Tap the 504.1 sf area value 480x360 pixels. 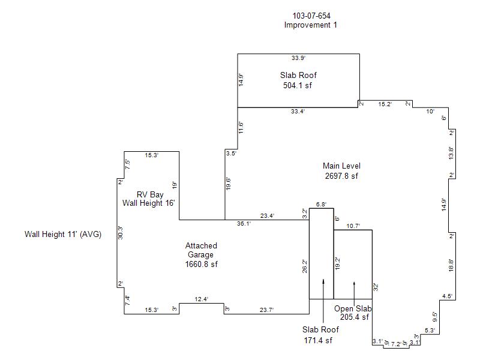coord(298,85)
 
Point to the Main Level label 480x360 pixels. coord(341,166)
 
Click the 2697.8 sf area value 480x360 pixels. coord(341,176)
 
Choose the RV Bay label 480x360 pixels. coord(149,194)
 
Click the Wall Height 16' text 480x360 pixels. coord(148,203)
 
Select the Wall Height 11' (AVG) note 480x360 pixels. coord(62,235)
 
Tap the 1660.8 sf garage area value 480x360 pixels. coord(202,264)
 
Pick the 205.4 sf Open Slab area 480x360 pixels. coord(354,317)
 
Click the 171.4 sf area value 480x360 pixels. coord(318,341)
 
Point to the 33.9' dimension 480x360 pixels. coord(298,58)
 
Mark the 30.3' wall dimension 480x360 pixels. coord(121,233)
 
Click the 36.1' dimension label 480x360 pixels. coord(244,223)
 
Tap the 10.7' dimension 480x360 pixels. coord(353,226)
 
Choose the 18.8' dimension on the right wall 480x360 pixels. coord(452,265)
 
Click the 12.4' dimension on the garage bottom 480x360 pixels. coord(202,299)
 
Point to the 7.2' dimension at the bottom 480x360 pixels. coord(396,344)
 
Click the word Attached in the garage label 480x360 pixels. coord(201,246)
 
